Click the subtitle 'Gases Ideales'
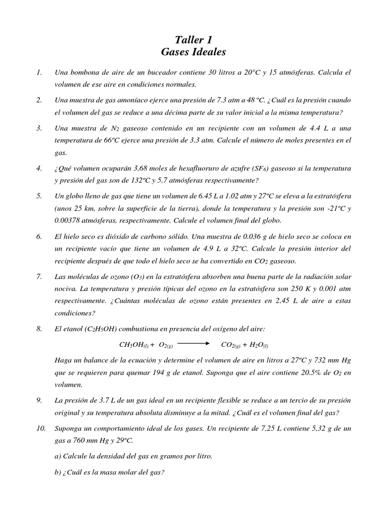(193, 52)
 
